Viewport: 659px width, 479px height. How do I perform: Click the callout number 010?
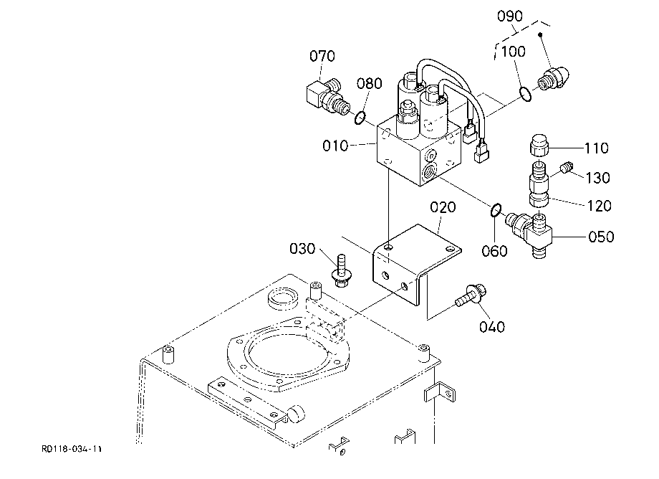[x=335, y=146]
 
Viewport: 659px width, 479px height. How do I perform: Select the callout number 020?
[x=443, y=207]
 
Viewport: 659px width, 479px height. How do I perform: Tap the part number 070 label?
[x=322, y=56]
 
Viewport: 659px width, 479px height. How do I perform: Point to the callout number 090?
[x=510, y=16]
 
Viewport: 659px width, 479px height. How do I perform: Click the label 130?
[x=598, y=178]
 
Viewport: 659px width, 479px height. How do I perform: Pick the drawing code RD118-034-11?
[x=72, y=449]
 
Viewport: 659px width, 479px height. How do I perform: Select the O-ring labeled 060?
[x=496, y=210]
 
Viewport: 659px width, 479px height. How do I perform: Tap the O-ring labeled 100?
[x=525, y=94]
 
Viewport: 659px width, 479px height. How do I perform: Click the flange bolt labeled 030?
[x=341, y=271]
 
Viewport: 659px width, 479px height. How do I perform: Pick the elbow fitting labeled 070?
[x=327, y=97]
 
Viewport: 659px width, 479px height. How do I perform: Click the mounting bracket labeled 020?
[x=416, y=262]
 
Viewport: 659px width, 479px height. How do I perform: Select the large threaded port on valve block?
[x=429, y=172]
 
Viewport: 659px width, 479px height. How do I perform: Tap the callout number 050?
[x=601, y=237]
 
